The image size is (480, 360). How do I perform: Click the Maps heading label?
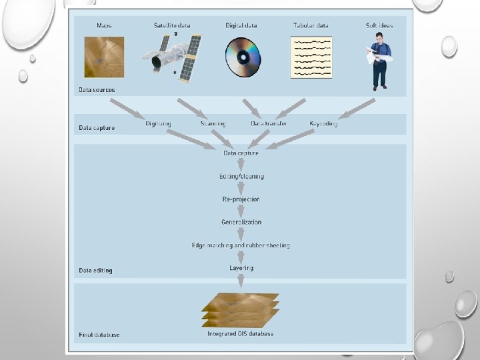coord(104,25)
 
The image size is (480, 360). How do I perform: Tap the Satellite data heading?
coord(171,25)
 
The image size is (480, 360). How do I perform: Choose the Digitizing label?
coord(158,123)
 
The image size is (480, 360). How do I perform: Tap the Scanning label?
coord(213,123)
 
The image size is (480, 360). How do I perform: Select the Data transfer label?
coord(269,123)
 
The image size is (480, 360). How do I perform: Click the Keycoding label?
coord(323,123)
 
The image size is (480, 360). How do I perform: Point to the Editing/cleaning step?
coord(241,177)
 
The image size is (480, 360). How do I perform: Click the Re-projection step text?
coord(241,199)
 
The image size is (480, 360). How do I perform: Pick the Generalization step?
coord(241,222)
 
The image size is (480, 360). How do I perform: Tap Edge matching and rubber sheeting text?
coord(241,245)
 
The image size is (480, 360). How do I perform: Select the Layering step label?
coord(241,268)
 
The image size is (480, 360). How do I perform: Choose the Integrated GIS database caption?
coord(241,333)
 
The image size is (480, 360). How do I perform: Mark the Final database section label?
coord(99,335)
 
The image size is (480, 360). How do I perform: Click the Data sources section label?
coord(97,90)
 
